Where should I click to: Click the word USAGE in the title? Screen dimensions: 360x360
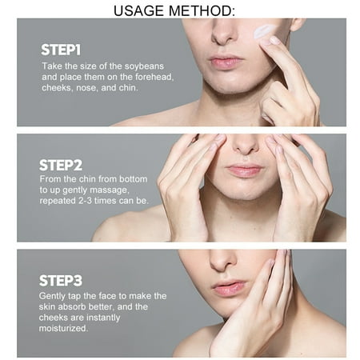(x=138, y=11)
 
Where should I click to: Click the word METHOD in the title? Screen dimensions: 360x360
(x=202, y=11)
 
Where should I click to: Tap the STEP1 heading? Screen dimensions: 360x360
(x=61, y=50)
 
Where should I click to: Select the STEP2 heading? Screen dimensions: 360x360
(x=61, y=166)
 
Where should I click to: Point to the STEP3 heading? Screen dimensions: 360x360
(x=61, y=281)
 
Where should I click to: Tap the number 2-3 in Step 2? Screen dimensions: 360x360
(x=85, y=201)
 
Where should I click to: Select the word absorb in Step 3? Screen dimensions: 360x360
(x=72, y=306)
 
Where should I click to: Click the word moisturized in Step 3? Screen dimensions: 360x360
(x=63, y=328)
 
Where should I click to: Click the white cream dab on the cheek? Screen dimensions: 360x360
(x=265, y=31)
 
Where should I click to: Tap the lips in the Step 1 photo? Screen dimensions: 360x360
(x=226, y=62)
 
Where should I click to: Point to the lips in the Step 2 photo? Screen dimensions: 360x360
(x=244, y=170)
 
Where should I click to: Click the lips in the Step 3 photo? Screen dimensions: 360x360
(x=229, y=287)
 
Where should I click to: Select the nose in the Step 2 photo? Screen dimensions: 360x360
(x=246, y=146)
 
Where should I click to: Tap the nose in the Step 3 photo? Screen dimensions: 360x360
(x=222, y=260)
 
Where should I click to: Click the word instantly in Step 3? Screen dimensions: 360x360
(x=103, y=318)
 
